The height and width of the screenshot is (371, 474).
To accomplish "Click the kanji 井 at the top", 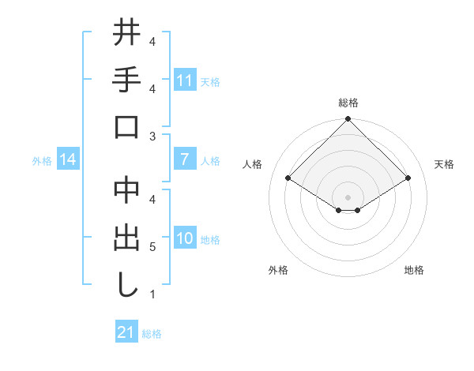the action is [126, 34].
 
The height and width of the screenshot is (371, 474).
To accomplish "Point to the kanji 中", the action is [126, 192].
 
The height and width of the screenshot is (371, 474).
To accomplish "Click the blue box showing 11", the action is [184, 81].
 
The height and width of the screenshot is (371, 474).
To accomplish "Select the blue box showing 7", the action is [184, 159].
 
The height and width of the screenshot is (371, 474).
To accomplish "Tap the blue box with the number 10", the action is [184, 238].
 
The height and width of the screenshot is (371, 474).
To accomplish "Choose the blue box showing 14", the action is [68, 159].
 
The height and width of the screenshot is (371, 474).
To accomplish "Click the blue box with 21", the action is [126, 332].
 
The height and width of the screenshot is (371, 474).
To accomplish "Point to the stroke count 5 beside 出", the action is [152, 248].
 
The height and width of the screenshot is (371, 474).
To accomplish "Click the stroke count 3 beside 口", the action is [152, 137].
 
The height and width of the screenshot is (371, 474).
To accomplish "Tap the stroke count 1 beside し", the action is [152, 294].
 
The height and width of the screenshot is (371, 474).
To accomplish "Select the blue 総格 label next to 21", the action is [152, 334].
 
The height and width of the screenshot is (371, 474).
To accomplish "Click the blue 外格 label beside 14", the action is [42, 160].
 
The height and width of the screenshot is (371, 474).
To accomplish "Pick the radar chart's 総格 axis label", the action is [348, 103].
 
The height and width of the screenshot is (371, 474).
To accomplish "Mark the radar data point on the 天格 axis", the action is [408, 178].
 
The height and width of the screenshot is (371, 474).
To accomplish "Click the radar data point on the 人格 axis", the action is [288, 178].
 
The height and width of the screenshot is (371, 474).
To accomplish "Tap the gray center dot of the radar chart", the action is [348, 197].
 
